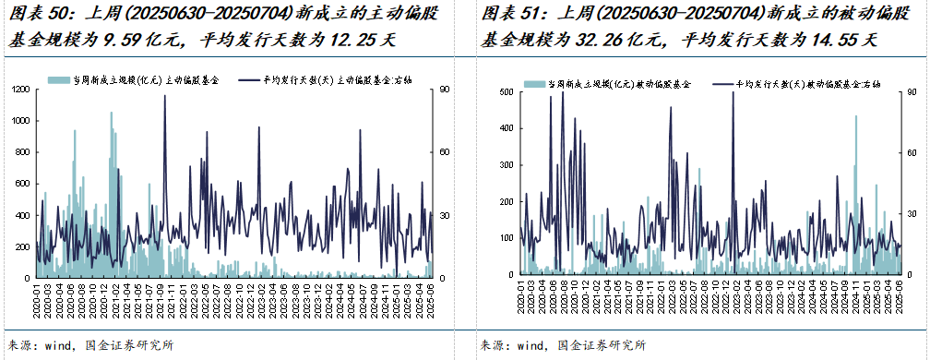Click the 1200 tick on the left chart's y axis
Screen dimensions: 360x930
coord(19,90)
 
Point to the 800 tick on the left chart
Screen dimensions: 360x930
coord(22,152)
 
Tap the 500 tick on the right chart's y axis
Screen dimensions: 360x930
coord(503,92)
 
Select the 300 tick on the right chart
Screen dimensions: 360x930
coord(503,165)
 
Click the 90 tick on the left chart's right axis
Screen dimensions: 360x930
coord(444,90)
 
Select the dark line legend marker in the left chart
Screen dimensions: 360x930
coord(248,80)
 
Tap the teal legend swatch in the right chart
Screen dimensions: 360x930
coord(532,83)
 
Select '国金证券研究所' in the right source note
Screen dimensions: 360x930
coord(600,345)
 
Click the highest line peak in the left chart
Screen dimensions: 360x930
coord(165,96)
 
